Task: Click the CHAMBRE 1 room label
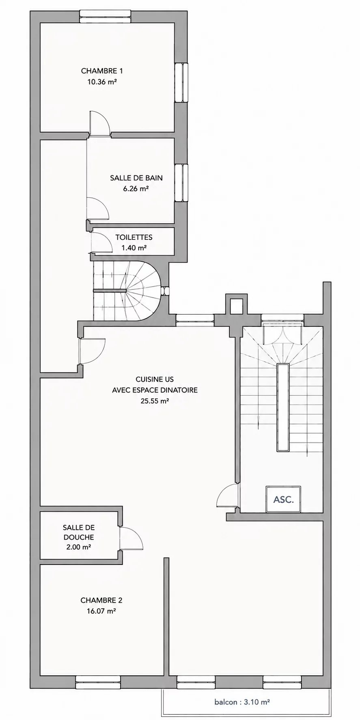click(102, 71)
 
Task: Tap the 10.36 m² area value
click(102, 82)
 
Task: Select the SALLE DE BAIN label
click(136, 178)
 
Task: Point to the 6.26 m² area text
click(136, 188)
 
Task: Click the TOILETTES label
click(134, 237)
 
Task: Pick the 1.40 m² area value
click(134, 248)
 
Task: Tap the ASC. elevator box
click(283, 499)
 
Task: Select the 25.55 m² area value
click(155, 401)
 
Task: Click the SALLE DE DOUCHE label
click(79, 532)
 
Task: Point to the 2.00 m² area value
click(79, 547)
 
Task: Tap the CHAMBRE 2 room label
click(101, 600)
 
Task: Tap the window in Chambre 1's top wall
click(105, 14)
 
